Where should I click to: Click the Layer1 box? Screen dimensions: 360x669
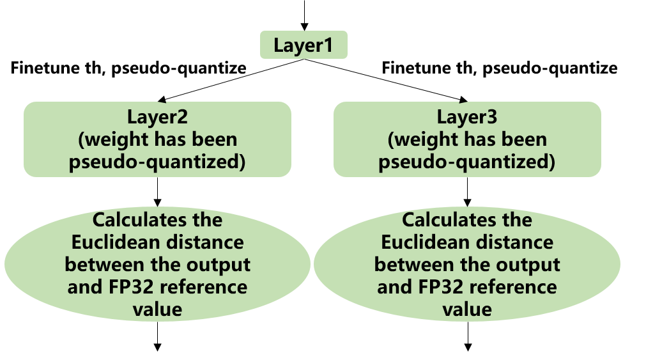click(304, 45)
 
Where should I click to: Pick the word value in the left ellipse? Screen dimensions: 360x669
click(157, 309)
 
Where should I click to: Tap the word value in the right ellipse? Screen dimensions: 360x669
click(467, 309)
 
